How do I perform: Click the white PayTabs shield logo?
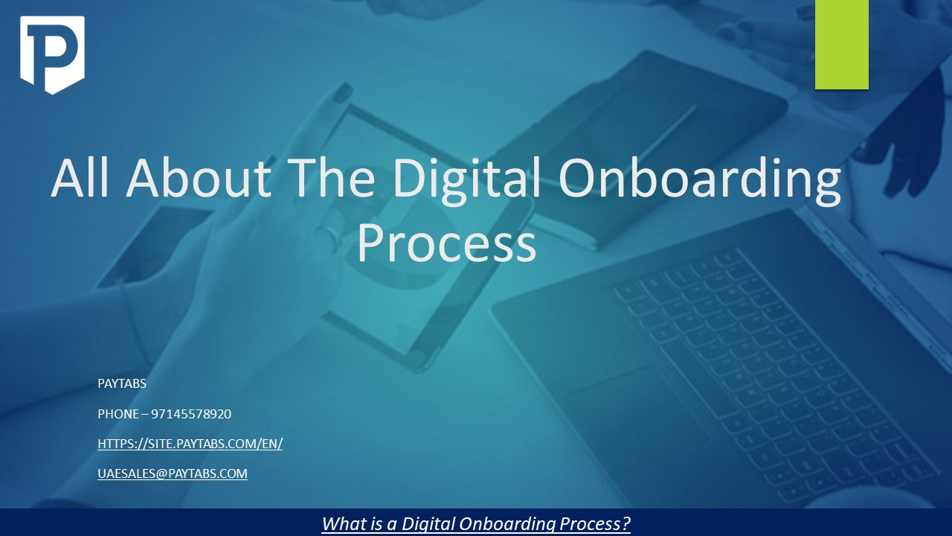[x=52, y=54]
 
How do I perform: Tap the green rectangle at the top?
[x=841, y=45]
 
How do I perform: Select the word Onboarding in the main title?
[x=700, y=180]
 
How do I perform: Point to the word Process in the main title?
[x=446, y=243]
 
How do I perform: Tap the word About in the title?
[x=200, y=179]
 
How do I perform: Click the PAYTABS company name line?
[x=122, y=384]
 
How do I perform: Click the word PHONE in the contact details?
[x=118, y=414]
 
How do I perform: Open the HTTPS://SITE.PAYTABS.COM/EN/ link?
[x=190, y=444]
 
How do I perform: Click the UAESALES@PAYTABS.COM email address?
[x=173, y=473]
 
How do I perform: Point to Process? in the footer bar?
[x=596, y=523]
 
